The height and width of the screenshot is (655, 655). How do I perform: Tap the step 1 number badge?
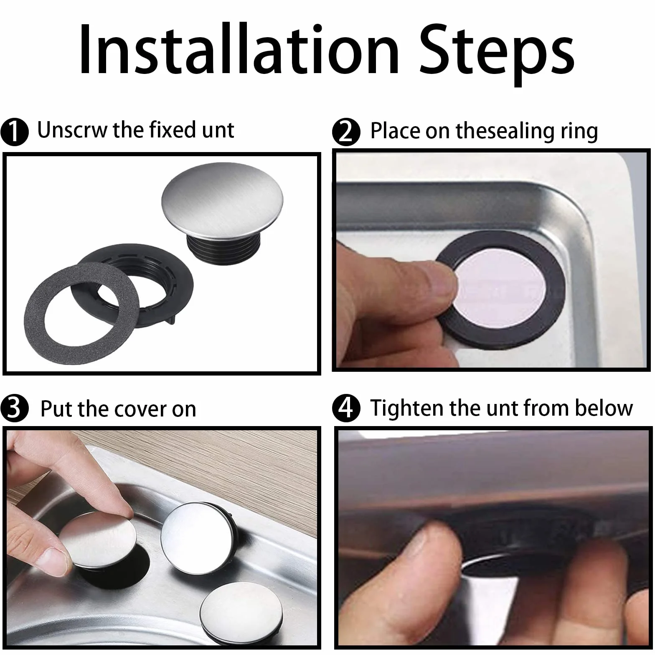(14, 132)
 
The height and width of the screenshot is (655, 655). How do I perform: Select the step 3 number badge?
(14, 408)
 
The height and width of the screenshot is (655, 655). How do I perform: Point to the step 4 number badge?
(346, 408)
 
